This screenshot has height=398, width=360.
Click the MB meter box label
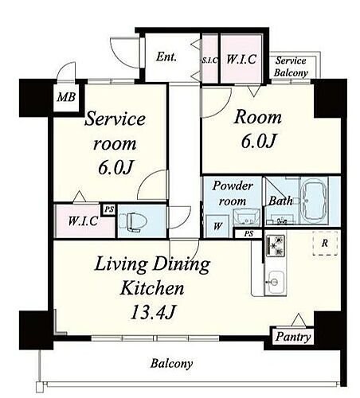66,97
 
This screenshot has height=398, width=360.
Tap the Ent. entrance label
166,57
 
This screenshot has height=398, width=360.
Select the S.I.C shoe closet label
209,60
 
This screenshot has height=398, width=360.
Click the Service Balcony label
291,66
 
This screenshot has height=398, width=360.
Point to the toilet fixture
132,221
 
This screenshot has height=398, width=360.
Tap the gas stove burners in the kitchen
276,246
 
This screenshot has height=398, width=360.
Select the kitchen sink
275,282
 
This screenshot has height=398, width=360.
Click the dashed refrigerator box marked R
325,243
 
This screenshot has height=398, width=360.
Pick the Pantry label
293,337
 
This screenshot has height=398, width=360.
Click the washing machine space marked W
217,226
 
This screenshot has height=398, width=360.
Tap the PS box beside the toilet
109,209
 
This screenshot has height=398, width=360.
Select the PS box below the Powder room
248,234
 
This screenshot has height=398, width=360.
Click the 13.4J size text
153,312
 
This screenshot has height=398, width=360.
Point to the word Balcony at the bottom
171,364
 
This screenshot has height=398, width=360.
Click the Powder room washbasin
246,217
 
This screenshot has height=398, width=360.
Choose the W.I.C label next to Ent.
241,59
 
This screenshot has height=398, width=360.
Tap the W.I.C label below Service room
84,221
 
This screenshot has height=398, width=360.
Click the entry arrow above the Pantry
299,320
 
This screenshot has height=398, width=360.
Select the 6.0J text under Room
259,141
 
